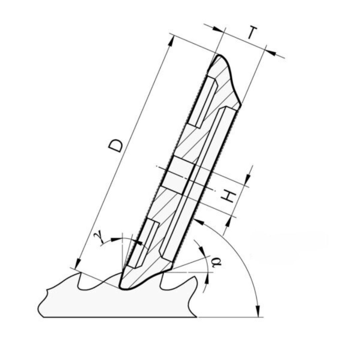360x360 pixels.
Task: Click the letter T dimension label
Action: tap(253, 32)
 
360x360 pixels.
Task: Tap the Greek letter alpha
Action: tap(216, 262)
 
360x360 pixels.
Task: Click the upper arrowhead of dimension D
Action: tap(171, 41)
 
